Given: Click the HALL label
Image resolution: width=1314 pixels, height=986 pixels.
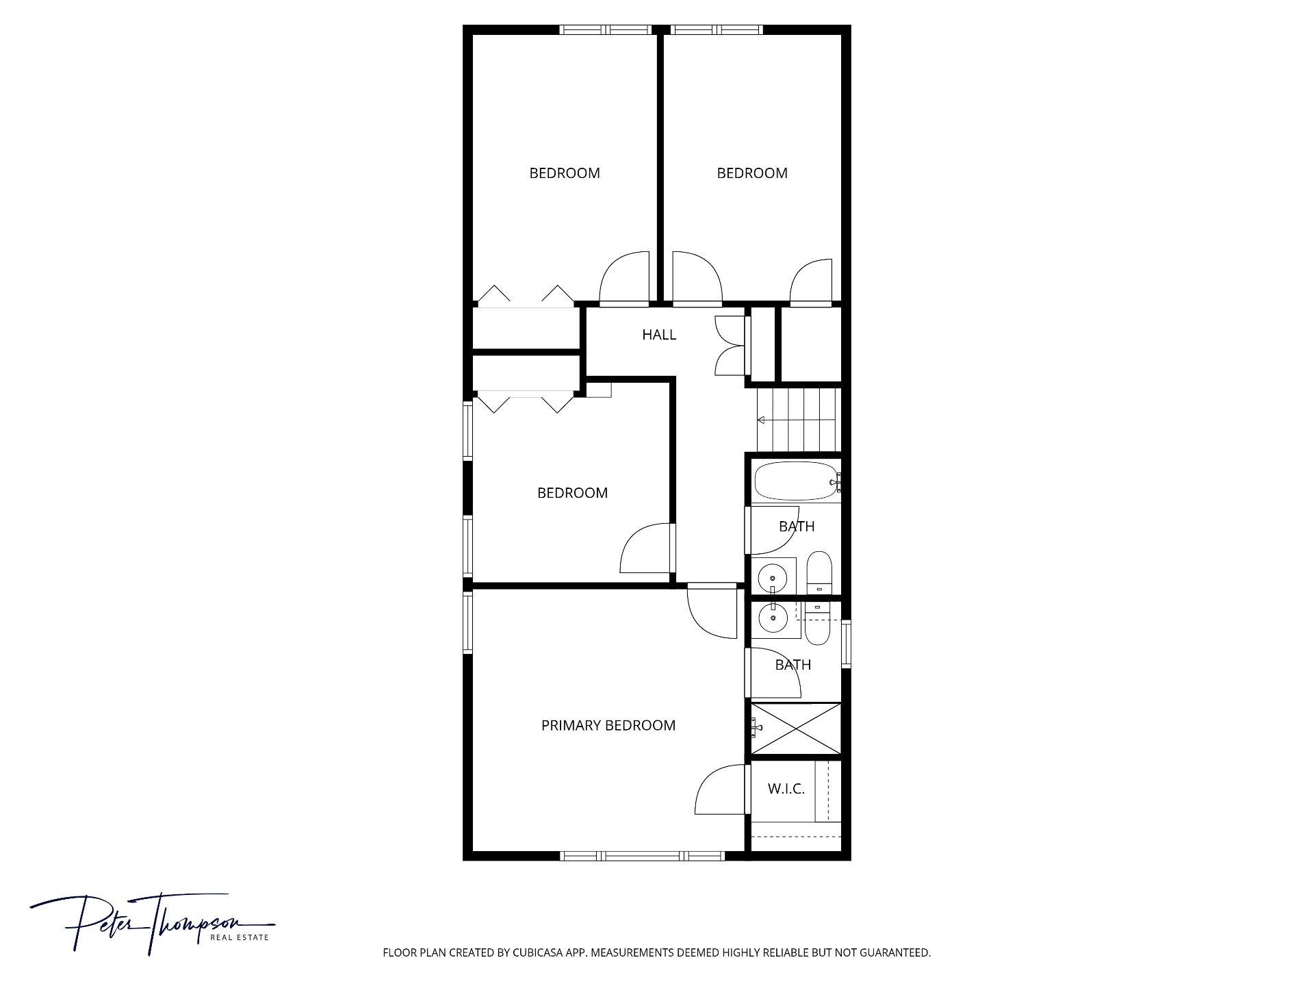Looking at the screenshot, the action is click(x=659, y=335).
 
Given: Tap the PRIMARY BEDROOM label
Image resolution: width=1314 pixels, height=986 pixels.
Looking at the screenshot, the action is click(x=608, y=726).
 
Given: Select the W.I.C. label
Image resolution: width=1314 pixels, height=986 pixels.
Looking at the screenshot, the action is click(x=786, y=789).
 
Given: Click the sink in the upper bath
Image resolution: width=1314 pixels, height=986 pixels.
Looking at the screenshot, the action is click(x=774, y=576).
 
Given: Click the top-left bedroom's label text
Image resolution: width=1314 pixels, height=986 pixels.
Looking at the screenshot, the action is click(x=565, y=173).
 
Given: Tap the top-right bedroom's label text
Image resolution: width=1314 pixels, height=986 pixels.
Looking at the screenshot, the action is click(x=752, y=173).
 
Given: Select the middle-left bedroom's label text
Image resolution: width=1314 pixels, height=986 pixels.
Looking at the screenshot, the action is click(x=572, y=493).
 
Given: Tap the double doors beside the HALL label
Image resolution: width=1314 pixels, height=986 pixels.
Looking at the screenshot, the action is click(x=730, y=346).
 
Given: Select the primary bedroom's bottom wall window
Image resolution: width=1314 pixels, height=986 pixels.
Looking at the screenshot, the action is click(x=642, y=855).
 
